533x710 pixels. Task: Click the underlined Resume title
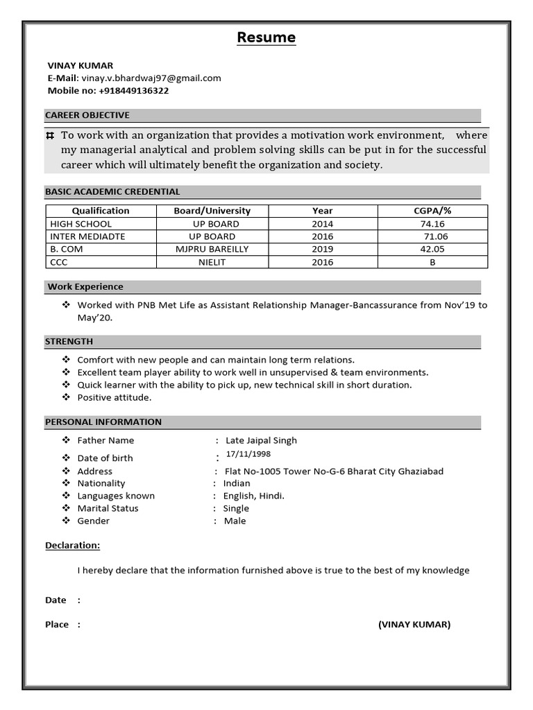point(266,37)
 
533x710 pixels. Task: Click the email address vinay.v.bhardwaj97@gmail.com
point(151,78)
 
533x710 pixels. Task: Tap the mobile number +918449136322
point(134,91)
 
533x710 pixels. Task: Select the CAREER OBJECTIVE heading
point(87,115)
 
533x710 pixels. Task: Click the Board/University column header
point(212,211)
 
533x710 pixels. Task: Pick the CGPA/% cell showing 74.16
point(432,224)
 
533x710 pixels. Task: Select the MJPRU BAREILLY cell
point(212,249)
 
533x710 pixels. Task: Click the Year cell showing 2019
point(322,249)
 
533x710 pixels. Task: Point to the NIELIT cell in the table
point(212,262)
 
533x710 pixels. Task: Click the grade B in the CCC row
point(432,262)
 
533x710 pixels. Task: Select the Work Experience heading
point(85,286)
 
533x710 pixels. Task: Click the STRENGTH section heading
point(69,341)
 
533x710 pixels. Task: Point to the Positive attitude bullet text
point(115,397)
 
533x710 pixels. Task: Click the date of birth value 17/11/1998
point(248,454)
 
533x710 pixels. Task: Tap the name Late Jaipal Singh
point(261,440)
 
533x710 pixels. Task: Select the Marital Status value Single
point(236,508)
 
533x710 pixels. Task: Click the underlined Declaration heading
point(73,546)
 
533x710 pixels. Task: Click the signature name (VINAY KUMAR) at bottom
point(414,625)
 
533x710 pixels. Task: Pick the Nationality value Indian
point(237,483)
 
